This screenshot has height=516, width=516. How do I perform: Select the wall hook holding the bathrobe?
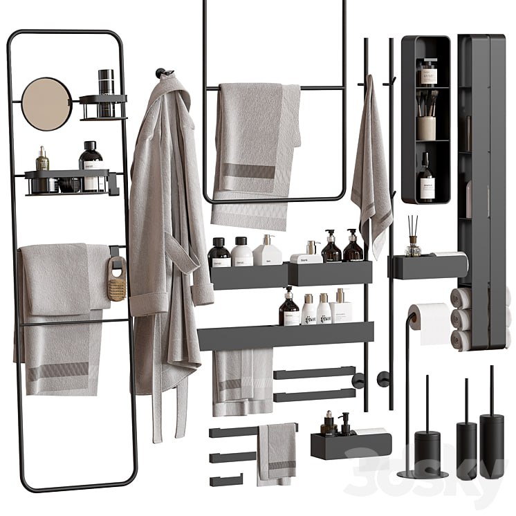tap(160, 72)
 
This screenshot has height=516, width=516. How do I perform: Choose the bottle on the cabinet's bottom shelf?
tap(427, 183)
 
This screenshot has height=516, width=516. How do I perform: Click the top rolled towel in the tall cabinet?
tap(461, 298)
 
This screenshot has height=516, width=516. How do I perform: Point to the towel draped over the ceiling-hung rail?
tap(256, 152)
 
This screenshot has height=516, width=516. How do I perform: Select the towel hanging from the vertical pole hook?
tap(371, 173)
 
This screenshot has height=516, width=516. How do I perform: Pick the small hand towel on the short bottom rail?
tap(277, 453)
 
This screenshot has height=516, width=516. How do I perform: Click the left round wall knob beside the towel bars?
tap(358, 380)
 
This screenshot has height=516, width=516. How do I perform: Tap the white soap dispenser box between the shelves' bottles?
tap(306, 257)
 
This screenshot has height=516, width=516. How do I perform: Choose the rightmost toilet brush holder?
tap(492, 443)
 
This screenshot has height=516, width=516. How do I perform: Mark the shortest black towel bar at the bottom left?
tap(226, 480)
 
